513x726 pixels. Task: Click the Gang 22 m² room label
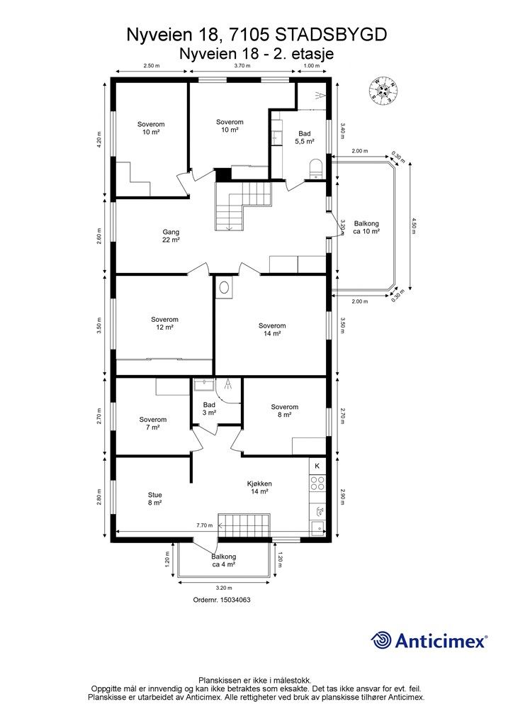(x=170, y=235)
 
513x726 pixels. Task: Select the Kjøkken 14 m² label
(x=260, y=488)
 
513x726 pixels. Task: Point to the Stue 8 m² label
(x=154, y=498)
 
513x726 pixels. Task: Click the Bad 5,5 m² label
(x=305, y=138)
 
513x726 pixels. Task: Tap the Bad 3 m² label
(x=209, y=408)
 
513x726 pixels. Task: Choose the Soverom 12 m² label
(x=164, y=323)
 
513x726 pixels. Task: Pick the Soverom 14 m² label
(x=272, y=330)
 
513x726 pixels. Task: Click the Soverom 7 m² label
(x=153, y=423)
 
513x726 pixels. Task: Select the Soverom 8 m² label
(x=284, y=411)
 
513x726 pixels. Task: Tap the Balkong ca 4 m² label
(x=224, y=561)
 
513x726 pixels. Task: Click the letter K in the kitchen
(x=317, y=466)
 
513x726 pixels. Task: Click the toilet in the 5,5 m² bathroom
(x=316, y=167)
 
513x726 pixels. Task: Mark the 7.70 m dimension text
(x=205, y=525)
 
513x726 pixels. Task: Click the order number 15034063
(x=222, y=599)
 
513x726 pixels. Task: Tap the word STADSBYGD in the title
(x=330, y=34)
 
